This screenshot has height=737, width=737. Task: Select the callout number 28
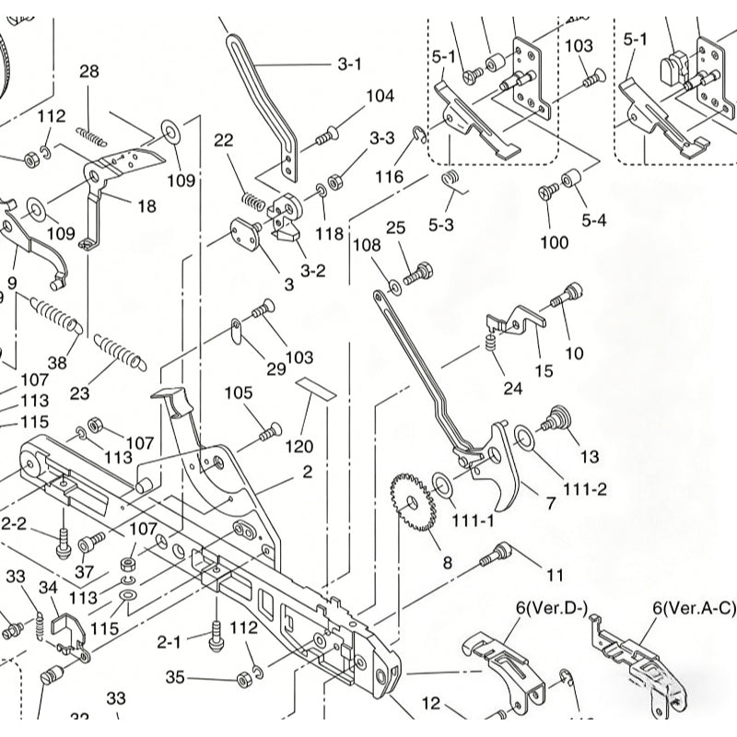(89, 72)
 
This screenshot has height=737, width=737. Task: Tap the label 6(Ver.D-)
(550, 608)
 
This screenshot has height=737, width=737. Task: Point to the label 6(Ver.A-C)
(694, 608)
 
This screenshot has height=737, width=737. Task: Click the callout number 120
(298, 447)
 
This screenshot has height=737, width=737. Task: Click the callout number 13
(590, 456)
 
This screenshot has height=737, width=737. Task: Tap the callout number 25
(395, 227)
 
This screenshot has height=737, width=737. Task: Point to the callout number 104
(380, 96)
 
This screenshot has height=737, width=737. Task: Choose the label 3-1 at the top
(349, 64)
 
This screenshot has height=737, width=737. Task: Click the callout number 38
(57, 363)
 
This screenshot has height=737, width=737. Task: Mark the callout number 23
(80, 392)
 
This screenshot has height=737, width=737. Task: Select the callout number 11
(554, 575)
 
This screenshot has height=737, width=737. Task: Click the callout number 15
(544, 371)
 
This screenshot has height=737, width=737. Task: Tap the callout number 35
(175, 678)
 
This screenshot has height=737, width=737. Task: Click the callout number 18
(146, 206)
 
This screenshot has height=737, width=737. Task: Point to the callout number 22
(224, 139)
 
